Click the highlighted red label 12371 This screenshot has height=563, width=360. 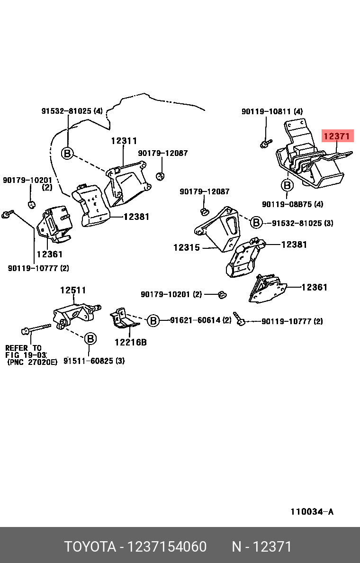(337, 137)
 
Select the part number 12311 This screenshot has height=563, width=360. (124, 141)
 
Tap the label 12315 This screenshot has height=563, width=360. (186, 247)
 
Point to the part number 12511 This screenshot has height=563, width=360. (73, 290)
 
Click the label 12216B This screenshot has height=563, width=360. (130, 342)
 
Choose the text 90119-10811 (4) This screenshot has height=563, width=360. (272, 112)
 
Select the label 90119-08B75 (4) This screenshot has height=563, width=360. (292, 204)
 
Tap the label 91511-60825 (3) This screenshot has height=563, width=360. (94, 361)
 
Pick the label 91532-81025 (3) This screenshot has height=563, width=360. (302, 223)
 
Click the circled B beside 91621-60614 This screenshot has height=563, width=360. (153, 321)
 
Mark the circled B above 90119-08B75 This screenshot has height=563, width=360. (287, 184)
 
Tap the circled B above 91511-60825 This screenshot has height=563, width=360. (90, 338)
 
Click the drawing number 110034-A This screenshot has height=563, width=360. (312, 511)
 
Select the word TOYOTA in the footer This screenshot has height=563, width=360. (90, 547)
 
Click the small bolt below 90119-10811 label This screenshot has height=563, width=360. (266, 143)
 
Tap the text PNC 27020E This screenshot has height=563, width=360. (32, 362)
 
